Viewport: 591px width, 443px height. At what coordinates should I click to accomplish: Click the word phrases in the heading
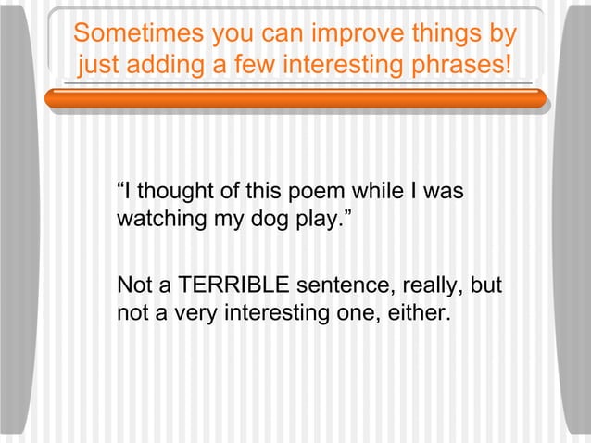pos(458,67)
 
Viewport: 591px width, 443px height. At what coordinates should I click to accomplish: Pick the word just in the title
pos(100,67)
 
